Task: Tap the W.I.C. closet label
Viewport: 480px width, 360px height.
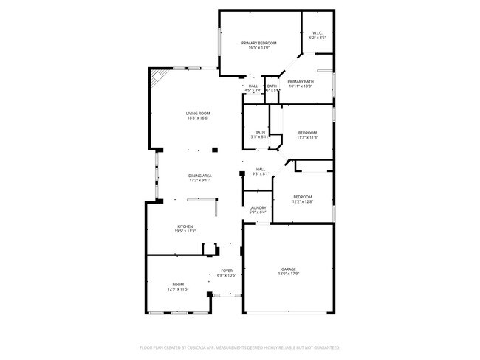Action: pyautogui.click(x=318, y=32)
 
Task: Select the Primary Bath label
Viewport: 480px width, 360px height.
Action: pyautogui.click(x=301, y=81)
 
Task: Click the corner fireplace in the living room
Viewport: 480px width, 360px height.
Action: pyautogui.click(x=157, y=78)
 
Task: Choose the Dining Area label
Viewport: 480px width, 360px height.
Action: pyautogui.click(x=200, y=175)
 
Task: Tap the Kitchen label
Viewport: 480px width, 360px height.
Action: pyautogui.click(x=185, y=226)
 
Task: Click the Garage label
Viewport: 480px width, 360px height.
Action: pyautogui.click(x=288, y=269)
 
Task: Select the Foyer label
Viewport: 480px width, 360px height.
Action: pyautogui.click(x=227, y=271)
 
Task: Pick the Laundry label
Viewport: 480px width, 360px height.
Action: pyautogui.click(x=258, y=208)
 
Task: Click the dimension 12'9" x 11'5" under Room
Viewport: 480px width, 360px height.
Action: pyautogui.click(x=178, y=289)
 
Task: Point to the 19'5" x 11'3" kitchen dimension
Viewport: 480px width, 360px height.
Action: pyautogui.click(x=185, y=232)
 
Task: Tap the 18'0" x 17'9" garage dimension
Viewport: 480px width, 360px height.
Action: pyautogui.click(x=288, y=274)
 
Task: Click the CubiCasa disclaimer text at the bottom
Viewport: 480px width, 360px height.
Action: pyautogui.click(x=240, y=347)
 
